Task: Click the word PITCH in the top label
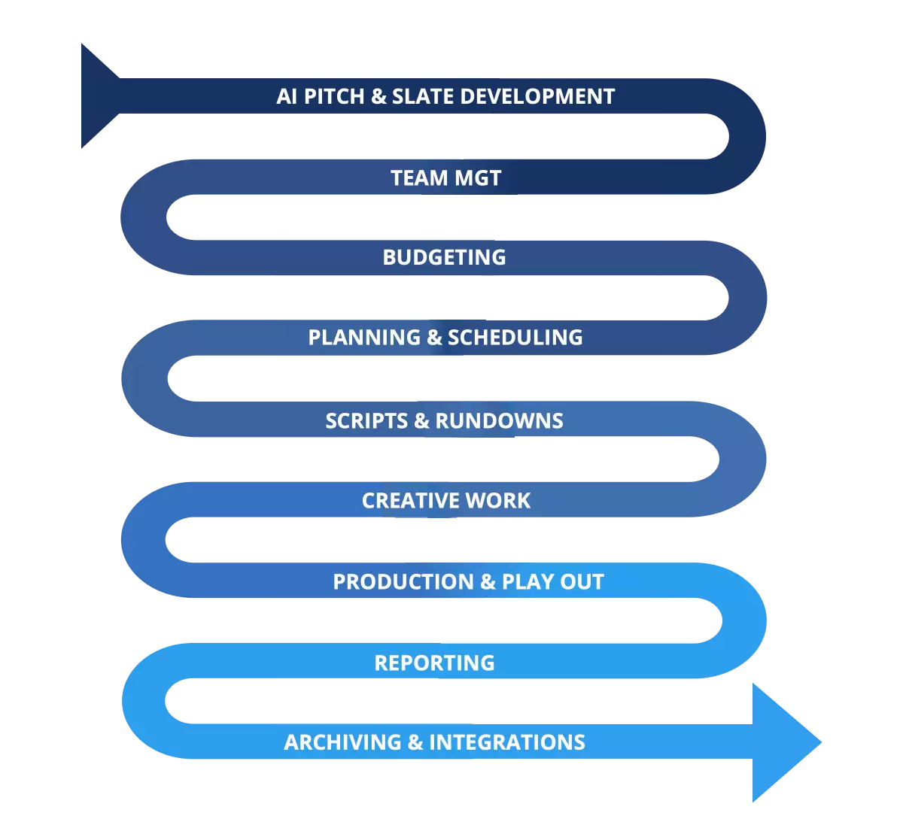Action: [335, 97]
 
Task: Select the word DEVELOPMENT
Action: [537, 97]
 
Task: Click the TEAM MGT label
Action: [445, 178]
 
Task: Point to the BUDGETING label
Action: [444, 257]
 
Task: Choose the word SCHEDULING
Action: [515, 338]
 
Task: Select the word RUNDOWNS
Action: [499, 420]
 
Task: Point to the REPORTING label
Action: [434, 663]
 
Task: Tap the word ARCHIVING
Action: [342, 743]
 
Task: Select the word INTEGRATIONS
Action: [507, 743]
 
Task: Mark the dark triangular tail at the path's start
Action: [96, 96]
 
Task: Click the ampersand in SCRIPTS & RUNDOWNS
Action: [421, 420]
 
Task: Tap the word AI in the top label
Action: [287, 97]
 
